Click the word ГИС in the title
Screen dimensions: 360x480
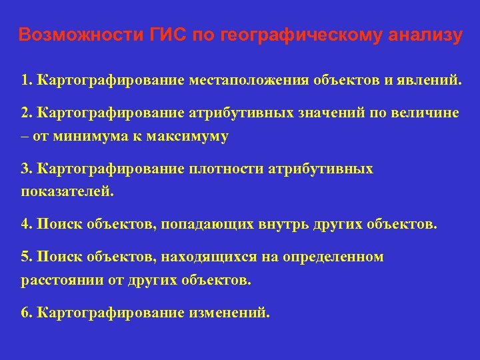(165, 35)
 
